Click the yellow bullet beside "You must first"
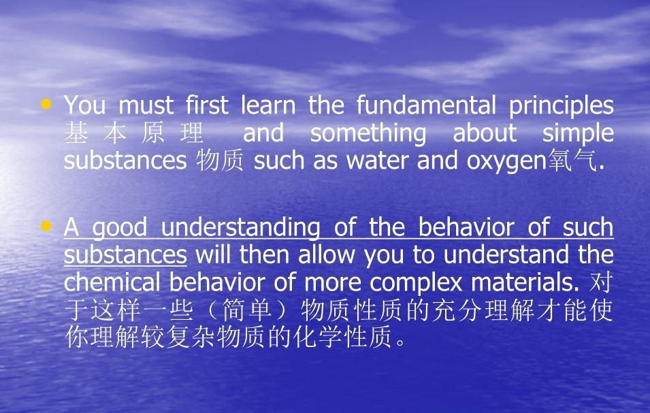click(46, 103)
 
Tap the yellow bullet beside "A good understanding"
click(46, 226)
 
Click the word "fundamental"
click(426, 105)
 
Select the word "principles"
click(562, 106)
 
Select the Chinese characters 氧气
click(572, 161)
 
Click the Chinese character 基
click(76, 133)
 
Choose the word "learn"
click(267, 105)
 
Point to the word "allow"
click(326, 254)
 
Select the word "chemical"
click(112, 282)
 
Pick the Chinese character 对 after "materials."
click(601, 282)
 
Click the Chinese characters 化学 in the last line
click(318, 337)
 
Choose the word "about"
click(485, 133)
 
